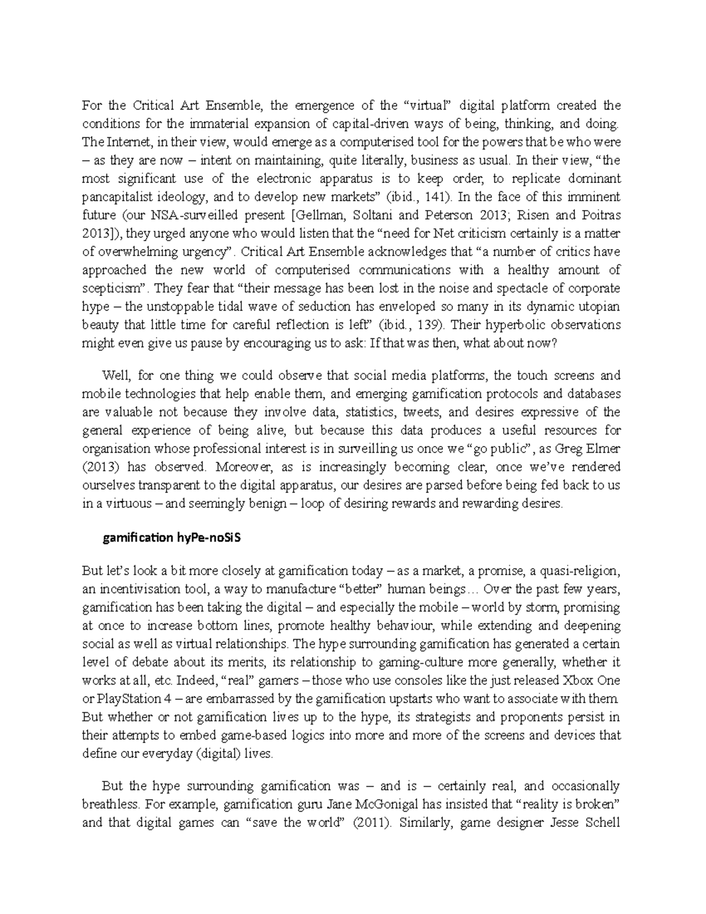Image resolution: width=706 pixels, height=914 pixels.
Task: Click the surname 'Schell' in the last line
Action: [602, 822]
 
